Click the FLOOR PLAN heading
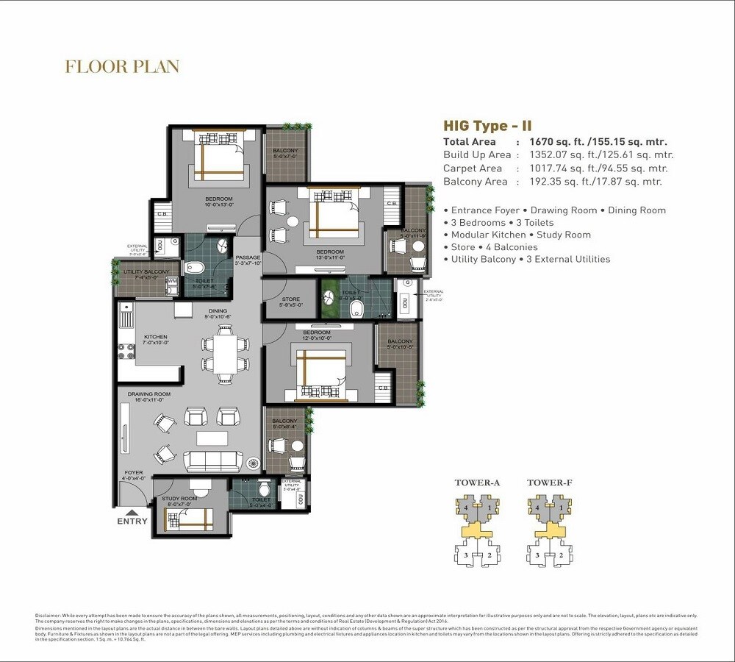[122, 67]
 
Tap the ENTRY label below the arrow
[132, 522]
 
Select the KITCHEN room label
[156, 337]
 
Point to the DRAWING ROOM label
[148, 394]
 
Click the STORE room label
[290, 299]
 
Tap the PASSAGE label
[248, 257]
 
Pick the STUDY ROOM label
[179, 499]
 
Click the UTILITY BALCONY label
[146, 272]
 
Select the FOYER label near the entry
[133, 473]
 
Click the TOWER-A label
[477, 483]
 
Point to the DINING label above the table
[218, 311]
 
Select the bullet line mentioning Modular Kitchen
[517, 235]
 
